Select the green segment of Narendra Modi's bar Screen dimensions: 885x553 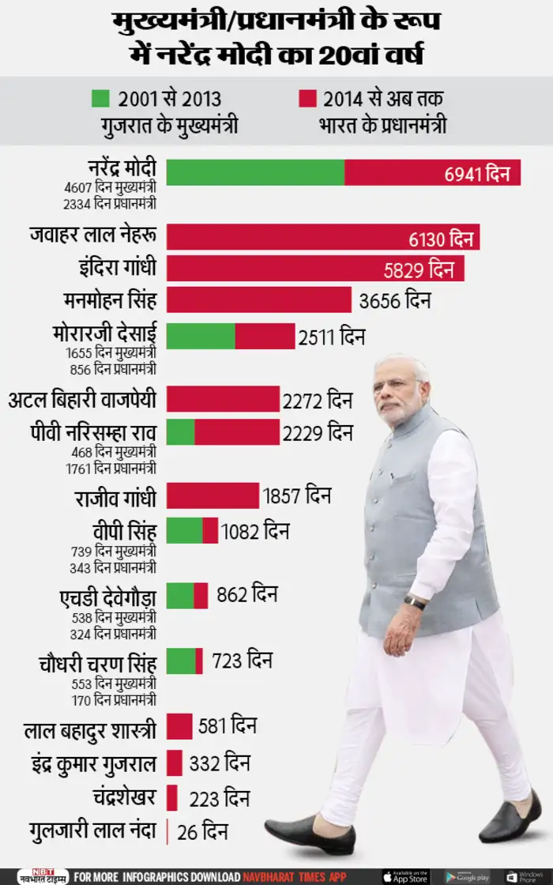(255, 171)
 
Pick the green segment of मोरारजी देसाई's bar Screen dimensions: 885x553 (201, 337)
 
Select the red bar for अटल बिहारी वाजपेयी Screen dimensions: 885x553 (223, 401)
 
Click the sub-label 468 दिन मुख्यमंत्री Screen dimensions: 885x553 (110, 452)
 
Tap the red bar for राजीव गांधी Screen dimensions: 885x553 (213, 495)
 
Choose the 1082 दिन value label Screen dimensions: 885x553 (255, 530)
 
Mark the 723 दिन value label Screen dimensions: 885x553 (241, 661)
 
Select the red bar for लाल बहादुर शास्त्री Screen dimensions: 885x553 (179, 725)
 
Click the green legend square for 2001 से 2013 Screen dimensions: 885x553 (100, 99)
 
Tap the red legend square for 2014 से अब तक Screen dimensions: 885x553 (307, 99)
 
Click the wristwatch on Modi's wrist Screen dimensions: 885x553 (414, 603)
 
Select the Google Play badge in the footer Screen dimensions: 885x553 (467, 876)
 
